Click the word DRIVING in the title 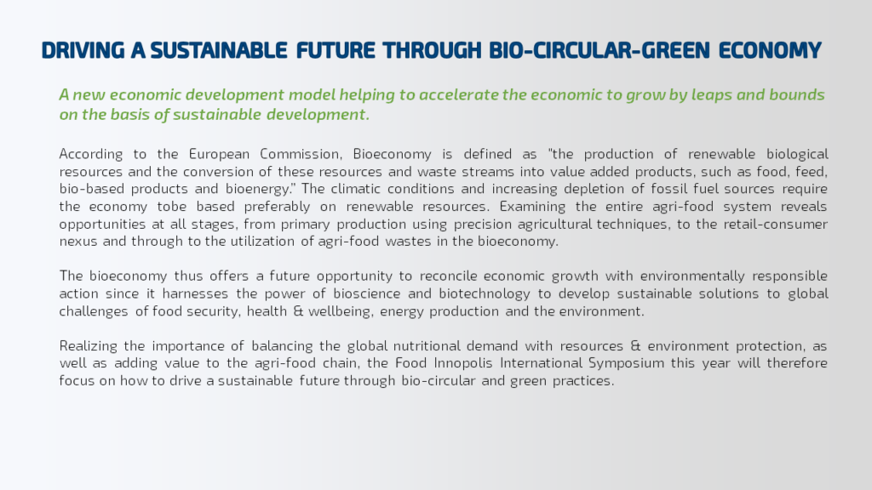point(83,50)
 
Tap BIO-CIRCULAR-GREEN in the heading point(599,50)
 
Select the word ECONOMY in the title point(770,50)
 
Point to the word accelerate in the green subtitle point(458,94)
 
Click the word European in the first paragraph point(219,155)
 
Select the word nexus point(77,242)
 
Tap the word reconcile point(448,276)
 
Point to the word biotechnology point(485,293)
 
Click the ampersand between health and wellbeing point(298,311)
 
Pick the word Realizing point(88,346)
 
